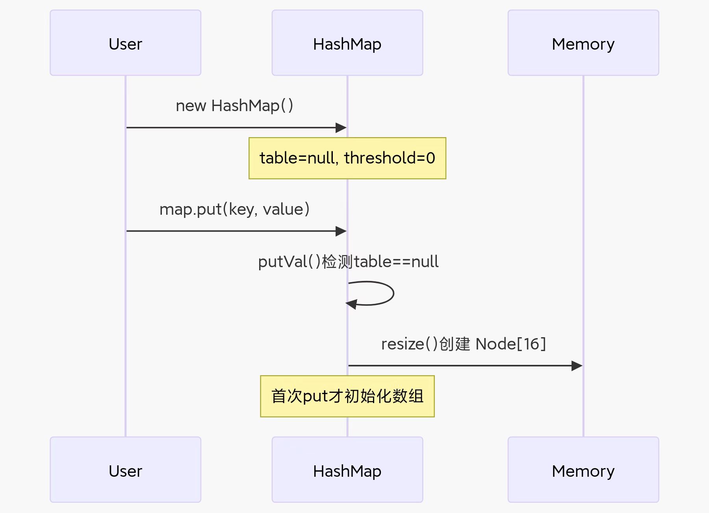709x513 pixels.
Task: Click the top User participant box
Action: pyautogui.click(x=125, y=43)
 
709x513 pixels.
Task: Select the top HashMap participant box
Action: pyautogui.click(x=347, y=43)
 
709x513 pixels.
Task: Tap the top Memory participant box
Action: pyautogui.click(x=583, y=43)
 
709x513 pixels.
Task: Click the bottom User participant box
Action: pyautogui.click(x=125, y=470)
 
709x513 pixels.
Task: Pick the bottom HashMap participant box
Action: pyautogui.click(x=347, y=470)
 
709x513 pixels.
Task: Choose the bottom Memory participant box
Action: pyautogui.click(x=583, y=470)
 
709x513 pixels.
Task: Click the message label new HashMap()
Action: pyautogui.click(x=234, y=106)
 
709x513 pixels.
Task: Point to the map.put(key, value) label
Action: pyautogui.click(x=234, y=209)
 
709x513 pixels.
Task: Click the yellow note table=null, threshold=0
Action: pyautogui.click(x=347, y=158)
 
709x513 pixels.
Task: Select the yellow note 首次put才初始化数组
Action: pyautogui.click(x=347, y=396)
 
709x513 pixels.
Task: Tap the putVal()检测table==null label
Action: pyautogui.click(x=348, y=262)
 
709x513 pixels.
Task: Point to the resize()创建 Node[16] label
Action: pyautogui.click(x=463, y=344)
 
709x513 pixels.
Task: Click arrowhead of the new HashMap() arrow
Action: pyautogui.click(x=341, y=128)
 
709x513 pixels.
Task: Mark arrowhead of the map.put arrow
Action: pyautogui.click(x=341, y=231)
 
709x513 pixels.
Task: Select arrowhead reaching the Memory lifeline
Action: pyautogui.click(x=577, y=366)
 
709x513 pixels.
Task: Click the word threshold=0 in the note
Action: pyautogui.click(x=390, y=158)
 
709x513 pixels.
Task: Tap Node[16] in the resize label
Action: pyautogui.click(x=510, y=344)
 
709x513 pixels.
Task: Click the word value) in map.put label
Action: pyautogui.click(x=286, y=209)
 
